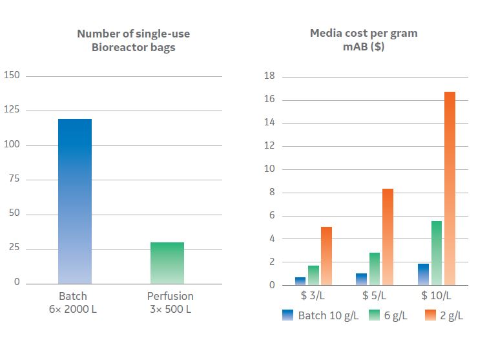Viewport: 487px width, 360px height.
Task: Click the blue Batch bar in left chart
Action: (x=75, y=201)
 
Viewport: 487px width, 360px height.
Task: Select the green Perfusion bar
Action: (x=167, y=263)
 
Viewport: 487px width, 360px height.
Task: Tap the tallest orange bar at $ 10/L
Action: (x=450, y=189)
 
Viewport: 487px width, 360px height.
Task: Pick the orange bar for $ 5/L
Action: (x=388, y=237)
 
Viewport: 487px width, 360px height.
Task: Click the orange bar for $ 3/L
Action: (x=326, y=256)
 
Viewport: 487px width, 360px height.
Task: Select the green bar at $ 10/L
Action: (x=437, y=253)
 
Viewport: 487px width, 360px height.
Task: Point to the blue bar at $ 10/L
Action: (x=424, y=274)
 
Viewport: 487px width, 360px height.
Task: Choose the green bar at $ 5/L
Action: (x=375, y=269)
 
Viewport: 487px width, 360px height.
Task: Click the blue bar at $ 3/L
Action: (x=300, y=281)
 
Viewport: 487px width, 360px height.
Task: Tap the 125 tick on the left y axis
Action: (x=12, y=111)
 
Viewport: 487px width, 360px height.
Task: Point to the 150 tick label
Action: (x=12, y=76)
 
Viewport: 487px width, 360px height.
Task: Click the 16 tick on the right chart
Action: (x=270, y=100)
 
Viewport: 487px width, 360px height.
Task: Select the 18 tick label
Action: (x=270, y=76)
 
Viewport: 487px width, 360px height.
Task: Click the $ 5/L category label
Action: (x=375, y=296)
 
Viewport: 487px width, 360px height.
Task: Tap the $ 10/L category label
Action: (x=437, y=296)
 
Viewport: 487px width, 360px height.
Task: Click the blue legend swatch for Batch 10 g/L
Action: (x=288, y=316)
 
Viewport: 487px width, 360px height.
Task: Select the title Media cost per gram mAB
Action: (x=363, y=39)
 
